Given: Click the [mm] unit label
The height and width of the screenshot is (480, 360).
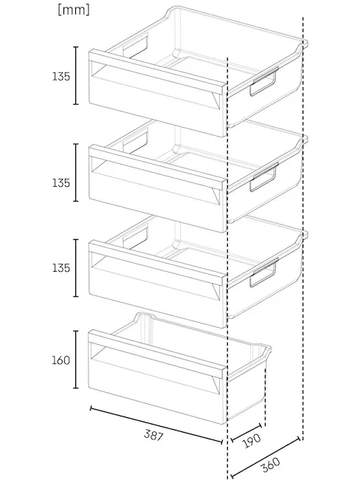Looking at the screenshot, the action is point(74,10).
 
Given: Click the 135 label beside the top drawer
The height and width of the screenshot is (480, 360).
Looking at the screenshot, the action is point(61,76).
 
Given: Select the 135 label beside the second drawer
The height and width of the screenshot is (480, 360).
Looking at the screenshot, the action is point(61,183).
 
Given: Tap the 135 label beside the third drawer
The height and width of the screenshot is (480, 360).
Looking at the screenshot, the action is point(61,268).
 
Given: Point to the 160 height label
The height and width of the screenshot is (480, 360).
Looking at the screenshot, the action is point(61,360).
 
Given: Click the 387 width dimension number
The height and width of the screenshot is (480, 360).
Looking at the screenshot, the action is point(153,435).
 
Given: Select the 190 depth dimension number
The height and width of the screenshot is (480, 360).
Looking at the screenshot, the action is point(252,441).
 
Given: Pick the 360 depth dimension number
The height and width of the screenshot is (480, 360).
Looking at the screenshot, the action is point(271,464).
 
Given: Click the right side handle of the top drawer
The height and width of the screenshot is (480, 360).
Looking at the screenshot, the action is point(263,82).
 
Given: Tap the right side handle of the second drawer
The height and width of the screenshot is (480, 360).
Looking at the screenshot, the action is point(263,177).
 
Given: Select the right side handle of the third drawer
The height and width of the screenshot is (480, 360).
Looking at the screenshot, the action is point(263,273).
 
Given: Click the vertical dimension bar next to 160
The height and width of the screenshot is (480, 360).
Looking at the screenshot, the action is point(76,360).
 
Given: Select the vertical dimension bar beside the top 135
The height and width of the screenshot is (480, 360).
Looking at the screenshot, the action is point(76,75).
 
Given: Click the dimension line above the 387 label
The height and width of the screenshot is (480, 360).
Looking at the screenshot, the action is point(156,425).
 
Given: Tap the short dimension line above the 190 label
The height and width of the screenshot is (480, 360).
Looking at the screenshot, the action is point(246,433).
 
